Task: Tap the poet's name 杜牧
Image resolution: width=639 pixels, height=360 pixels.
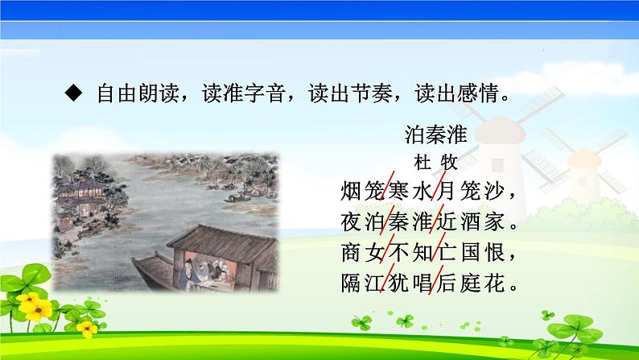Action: click(x=435, y=161)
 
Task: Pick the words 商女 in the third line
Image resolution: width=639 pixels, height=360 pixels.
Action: click(x=356, y=253)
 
